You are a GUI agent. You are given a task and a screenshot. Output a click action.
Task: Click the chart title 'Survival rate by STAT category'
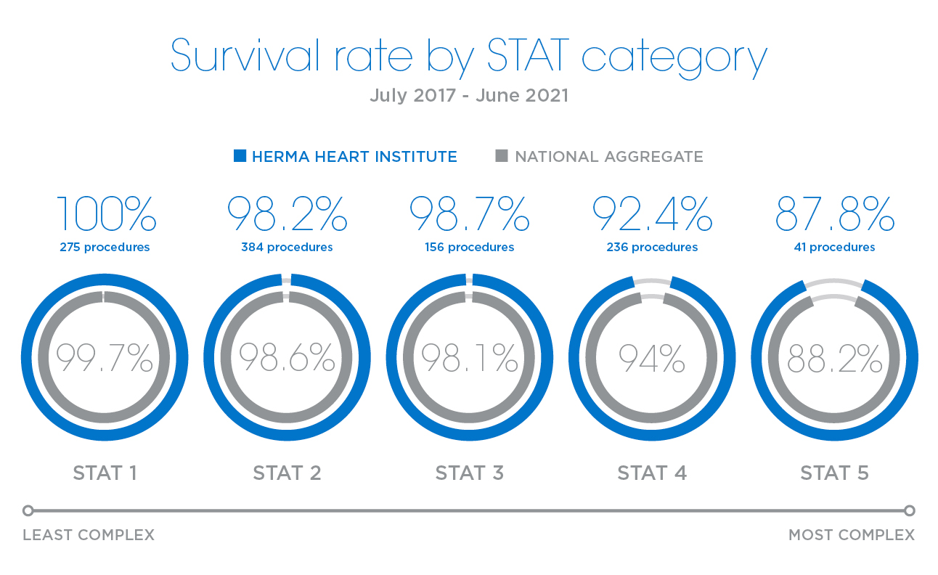[468, 57]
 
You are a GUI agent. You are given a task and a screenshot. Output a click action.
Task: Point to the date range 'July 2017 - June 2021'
[468, 95]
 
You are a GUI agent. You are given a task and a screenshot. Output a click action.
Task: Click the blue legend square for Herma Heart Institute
[240, 155]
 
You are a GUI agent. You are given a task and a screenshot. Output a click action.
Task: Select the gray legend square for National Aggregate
[501, 155]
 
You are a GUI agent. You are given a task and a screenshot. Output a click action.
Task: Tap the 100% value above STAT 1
[105, 213]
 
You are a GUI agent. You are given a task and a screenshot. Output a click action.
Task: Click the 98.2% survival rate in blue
[287, 213]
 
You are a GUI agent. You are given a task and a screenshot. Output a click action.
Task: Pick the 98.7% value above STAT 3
[469, 213]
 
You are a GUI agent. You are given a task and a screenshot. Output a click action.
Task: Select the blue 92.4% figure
[652, 213]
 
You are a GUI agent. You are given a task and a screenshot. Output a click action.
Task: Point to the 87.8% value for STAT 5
[834, 213]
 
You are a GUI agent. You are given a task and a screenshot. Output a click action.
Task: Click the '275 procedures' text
[105, 248]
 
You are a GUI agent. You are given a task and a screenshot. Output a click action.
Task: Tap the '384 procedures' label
[287, 248]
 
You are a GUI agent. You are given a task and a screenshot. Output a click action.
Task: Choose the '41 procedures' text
[834, 248]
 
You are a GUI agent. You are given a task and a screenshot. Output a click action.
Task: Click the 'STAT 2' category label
[287, 473]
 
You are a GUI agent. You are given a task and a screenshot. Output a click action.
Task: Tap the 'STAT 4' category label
[652, 473]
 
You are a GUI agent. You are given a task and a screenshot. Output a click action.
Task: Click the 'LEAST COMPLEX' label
[89, 535]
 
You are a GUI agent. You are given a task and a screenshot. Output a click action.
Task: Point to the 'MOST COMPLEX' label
[851, 535]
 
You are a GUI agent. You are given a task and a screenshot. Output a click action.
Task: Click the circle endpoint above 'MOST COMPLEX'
[910, 510]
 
